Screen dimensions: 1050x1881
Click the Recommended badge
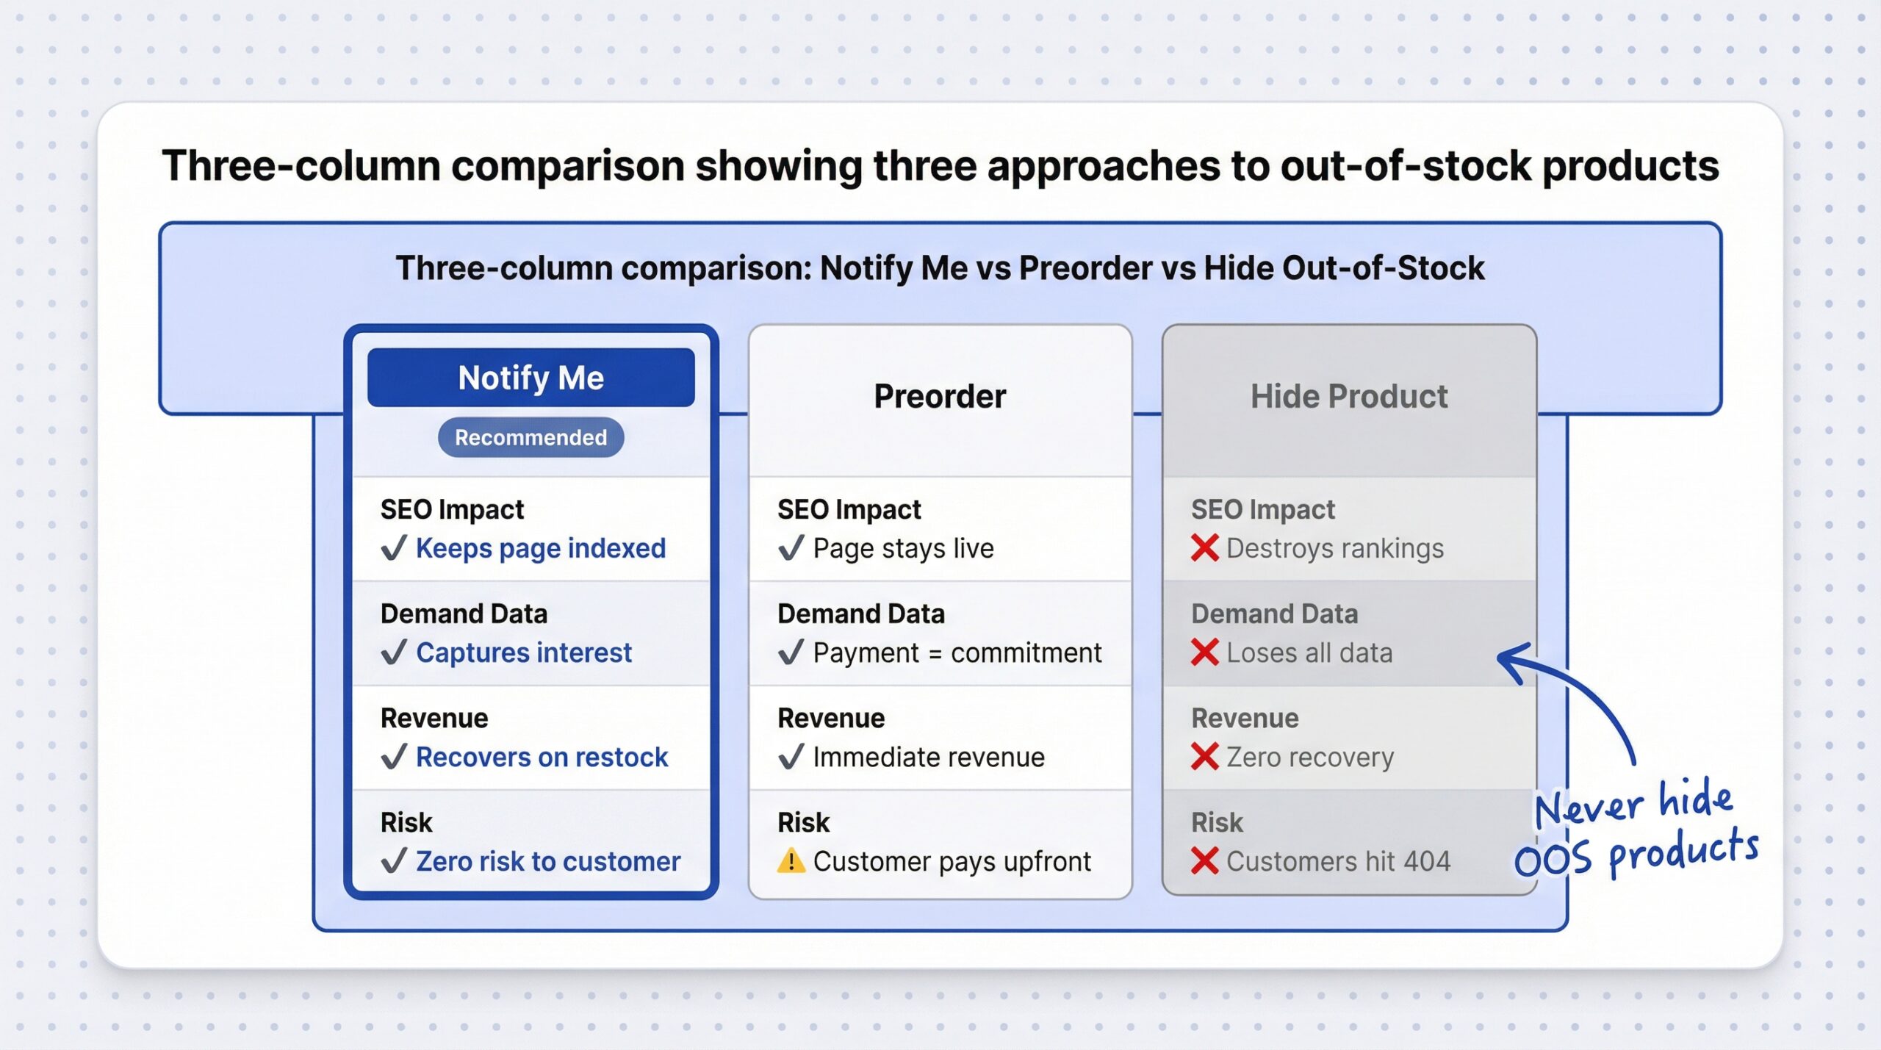(531, 437)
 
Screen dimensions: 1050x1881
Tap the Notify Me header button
(531, 378)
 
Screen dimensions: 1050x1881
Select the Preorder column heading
(939, 396)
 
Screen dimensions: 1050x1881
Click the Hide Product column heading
(1348, 396)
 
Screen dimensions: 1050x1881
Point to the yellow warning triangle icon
(791, 860)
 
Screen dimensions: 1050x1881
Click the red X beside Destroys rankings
(1204, 547)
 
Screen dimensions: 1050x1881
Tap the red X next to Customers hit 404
(1204, 860)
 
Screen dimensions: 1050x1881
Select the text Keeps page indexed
(540, 548)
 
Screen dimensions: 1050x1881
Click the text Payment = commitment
(957, 652)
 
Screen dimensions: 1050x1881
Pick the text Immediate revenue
(928, 757)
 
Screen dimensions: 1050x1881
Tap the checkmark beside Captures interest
(394, 652)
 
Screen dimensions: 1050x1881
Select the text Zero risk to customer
(547, 861)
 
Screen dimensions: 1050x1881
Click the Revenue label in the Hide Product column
(1245, 718)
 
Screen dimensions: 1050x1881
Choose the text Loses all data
(1309, 652)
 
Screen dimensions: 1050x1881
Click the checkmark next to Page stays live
(791, 547)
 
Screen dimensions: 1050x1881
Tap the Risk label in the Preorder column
(803, 822)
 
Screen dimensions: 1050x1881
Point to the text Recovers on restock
(542, 757)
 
